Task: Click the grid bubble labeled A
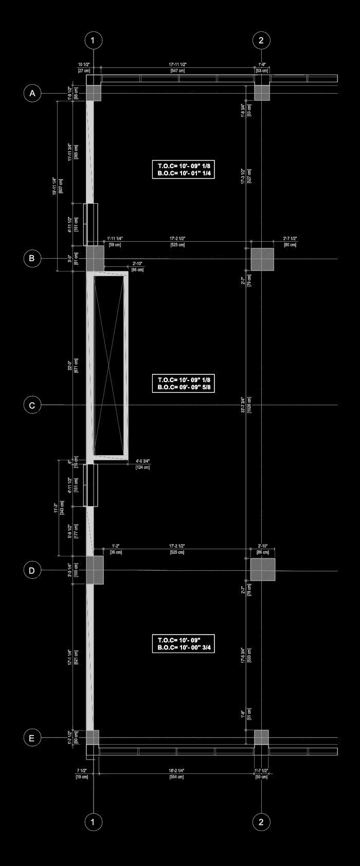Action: (x=32, y=93)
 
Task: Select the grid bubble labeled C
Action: (x=32, y=405)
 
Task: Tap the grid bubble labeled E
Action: (x=32, y=738)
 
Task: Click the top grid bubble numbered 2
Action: (x=261, y=40)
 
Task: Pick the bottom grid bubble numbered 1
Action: (x=93, y=822)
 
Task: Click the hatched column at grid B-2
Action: (x=262, y=259)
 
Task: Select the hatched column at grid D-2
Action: (x=263, y=570)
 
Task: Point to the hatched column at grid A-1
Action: (x=94, y=93)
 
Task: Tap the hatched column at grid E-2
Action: (x=261, y=737)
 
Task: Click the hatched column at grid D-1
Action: (x=95, y=570)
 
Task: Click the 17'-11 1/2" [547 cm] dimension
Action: (x=177, y=67)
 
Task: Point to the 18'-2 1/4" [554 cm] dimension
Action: (x=176, y=774)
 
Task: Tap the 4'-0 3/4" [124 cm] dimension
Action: (x=143, y=464)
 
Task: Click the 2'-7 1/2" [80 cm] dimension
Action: (x=290, y=242)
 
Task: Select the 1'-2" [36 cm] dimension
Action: (x=116, y=549)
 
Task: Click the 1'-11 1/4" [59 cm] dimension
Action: (x=115, y=242)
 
